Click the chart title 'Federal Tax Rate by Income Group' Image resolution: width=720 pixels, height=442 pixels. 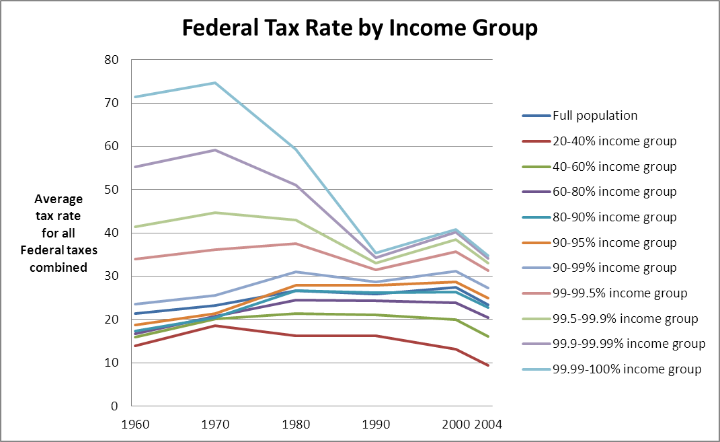tap(360, 28)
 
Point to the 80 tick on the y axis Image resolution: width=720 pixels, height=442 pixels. tap(111, 60)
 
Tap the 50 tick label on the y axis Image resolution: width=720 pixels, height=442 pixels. tap(111, 190)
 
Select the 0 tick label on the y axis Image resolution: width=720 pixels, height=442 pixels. tap(115, 406)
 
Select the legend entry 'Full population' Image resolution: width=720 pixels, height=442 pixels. tap(594, 116)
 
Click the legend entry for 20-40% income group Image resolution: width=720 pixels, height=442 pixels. tap(614, 141)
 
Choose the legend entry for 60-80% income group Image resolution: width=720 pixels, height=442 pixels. tap(614, 192)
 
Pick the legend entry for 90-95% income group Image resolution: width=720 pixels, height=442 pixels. tap(614, 243)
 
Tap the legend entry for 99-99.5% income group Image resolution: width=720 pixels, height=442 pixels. tap(619, 293)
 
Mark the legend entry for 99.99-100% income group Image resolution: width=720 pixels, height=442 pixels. tap(627, 369)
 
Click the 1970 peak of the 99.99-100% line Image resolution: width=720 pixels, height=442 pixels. tap(215, 83)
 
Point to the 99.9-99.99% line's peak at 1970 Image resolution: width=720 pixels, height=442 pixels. tap(215, 150)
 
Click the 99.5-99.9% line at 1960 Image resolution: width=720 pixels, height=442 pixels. tap(132, 227)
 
